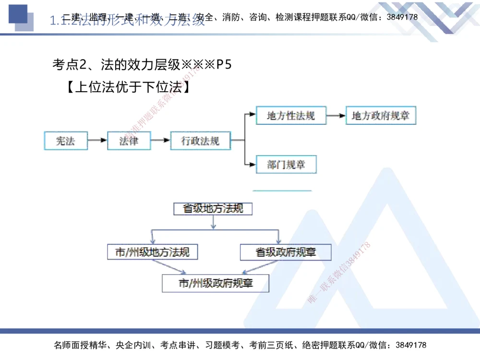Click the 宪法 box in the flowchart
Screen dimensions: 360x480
click(66, 141)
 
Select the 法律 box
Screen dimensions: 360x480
click(129, 141)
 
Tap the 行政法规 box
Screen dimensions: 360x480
click(200, 141)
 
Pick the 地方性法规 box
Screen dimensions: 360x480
click(291, 116)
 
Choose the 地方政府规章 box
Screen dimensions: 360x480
click(381, 116)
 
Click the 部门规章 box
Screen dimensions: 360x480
click(286, 165)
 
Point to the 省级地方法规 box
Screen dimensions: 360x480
click(213, 209)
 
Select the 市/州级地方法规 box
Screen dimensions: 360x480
click(153, 252)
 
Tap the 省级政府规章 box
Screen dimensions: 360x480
click(286, 252)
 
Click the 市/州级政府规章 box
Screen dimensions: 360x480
click(216, 283)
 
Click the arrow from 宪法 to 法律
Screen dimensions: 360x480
click(97, 141)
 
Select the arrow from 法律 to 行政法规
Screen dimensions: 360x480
click(160, 141)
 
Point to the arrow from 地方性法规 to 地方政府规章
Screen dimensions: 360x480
click(336, 116)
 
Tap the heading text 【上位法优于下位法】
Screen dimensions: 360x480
click(127, 88)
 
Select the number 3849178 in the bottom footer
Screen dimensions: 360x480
click(410, 345)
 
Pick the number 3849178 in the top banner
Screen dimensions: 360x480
click(402, 17)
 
